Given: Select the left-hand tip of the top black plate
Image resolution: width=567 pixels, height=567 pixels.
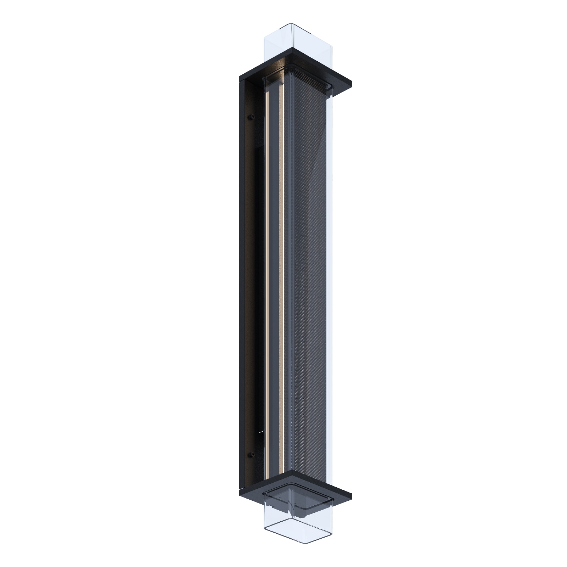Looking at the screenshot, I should click(x=240, y=75).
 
